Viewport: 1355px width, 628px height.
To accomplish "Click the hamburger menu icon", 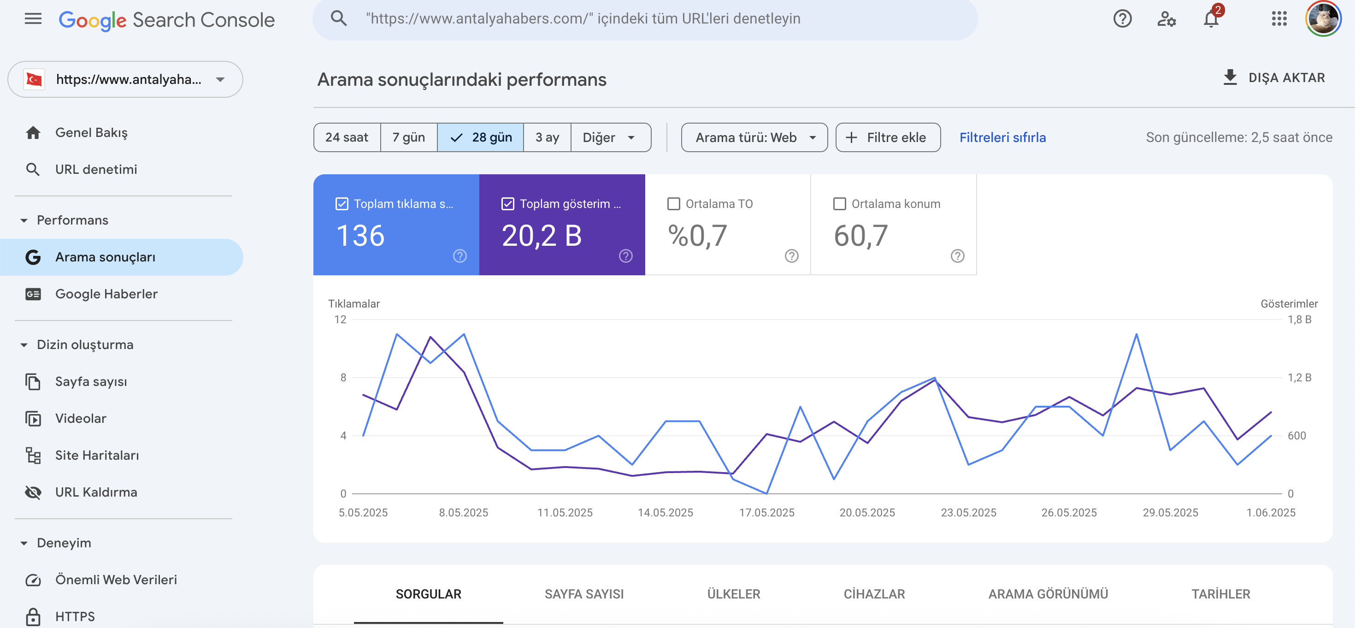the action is point(33,19).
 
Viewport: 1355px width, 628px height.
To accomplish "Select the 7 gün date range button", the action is point(409,137).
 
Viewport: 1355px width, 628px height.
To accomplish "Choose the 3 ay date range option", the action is point(547,137).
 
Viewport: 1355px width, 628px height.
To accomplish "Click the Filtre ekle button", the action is point(888,137).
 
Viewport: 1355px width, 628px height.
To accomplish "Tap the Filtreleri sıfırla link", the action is point(1002,137).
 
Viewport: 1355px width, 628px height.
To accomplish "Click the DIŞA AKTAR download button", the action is point(1274,78).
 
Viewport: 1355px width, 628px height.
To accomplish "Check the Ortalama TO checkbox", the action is point(673,204).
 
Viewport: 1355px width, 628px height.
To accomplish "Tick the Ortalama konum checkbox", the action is point(840,204).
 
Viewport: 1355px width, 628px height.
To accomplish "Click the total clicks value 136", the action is point(360,235).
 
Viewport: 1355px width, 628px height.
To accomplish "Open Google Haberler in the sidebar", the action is point(106,294).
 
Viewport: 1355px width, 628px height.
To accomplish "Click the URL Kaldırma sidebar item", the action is point(96,492).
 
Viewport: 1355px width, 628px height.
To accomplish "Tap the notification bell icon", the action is point(1211,19).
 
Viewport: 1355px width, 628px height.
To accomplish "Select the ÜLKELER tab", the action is point(734,594).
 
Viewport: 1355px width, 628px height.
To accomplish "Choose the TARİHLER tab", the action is point(1221,594).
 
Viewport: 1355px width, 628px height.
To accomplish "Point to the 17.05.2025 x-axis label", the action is point(766,512).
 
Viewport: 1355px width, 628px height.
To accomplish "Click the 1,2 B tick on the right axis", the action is point(1299,378).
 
